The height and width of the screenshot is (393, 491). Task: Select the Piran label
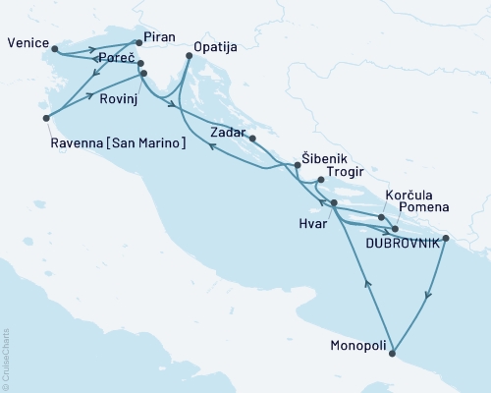159,37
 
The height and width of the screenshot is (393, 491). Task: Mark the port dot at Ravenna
46,118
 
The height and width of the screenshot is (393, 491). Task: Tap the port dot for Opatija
189,57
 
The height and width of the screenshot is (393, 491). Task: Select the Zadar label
228,130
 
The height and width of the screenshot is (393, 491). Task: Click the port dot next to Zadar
253,139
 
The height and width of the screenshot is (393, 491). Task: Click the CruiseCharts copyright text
8,361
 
